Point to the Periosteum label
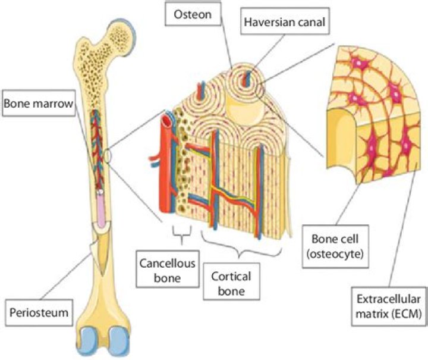coord(37,293)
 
